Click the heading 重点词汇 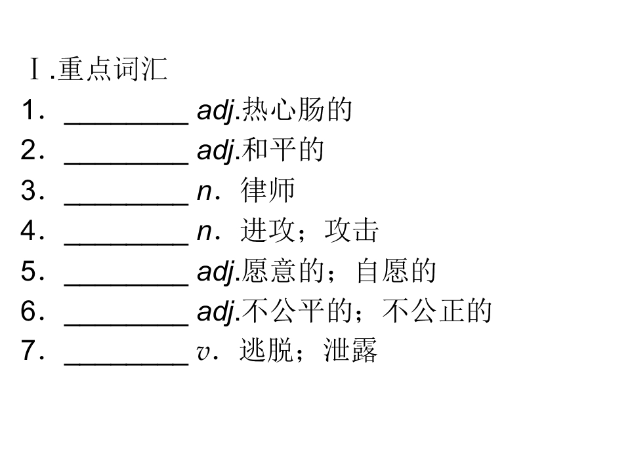pos(112,69)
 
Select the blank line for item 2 pos(126,163)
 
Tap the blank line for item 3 pos(126,204)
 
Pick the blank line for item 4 pos(126,244)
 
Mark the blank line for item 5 pos(126,284)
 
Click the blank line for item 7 pos(126,364)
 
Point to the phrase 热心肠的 pos(297,109)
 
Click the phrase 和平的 pos(283,149)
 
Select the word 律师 pos(268,190)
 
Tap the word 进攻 pos(267,230)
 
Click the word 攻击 pos(351,230)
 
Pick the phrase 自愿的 pos(396,271)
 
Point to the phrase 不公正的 pos(437,310)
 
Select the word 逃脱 pos(266,350)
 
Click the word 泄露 pos(350,350)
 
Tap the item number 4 pos(29,230)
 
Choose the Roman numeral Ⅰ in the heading pos(35,69)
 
